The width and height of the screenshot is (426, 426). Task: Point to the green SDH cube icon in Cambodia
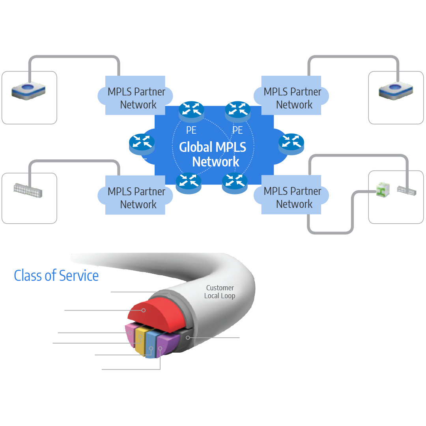pos(381,190)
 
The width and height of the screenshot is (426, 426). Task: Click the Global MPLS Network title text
pos(213,154)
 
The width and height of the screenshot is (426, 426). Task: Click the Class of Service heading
pos(56,276)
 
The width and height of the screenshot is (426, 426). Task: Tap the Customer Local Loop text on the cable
pos(219,292)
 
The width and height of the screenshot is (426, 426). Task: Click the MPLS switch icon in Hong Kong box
pos(28,191)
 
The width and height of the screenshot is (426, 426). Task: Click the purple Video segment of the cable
pos(163,345)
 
